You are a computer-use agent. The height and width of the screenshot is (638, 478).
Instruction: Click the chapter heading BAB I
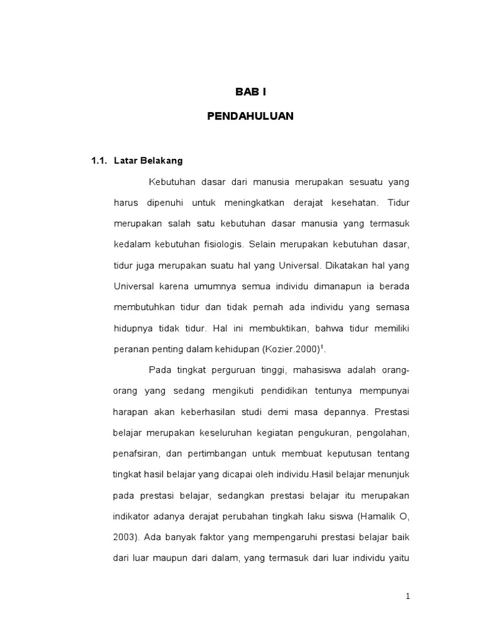(251, 92)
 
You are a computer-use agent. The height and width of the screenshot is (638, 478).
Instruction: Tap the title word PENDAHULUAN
(250, 116)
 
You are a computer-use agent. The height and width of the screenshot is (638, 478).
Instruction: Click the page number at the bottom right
(408, 596)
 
